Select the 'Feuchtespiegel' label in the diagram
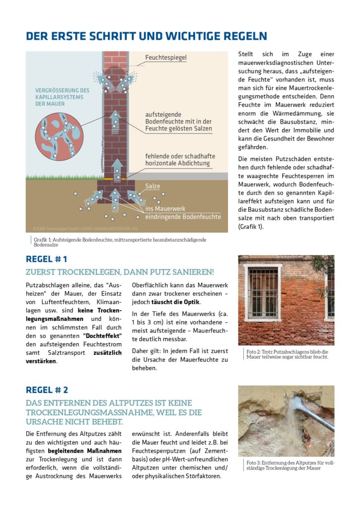tap(166, 58)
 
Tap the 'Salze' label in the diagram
tap(152, 186)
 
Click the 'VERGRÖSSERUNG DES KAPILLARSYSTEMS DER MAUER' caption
tap(62, 97)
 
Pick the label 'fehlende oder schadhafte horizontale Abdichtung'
tap(178, 159)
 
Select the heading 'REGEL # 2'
tap(47, 390)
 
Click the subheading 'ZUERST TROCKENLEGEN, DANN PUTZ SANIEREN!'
tap(120, 272)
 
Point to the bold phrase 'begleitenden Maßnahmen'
tap(84, 451)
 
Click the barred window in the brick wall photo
tap(263, 293)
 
